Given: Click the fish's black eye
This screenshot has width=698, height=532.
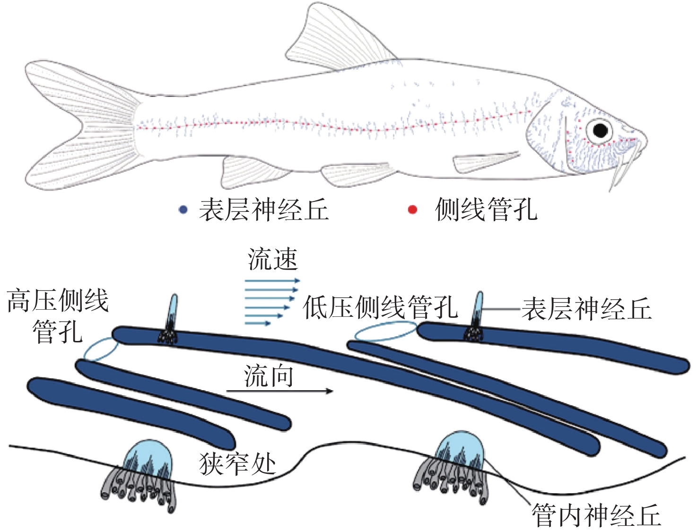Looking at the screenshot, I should pyautogui.click(x=600, y=130).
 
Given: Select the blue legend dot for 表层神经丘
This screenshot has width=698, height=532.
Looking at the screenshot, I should pyautogui.click(x=183, y=210).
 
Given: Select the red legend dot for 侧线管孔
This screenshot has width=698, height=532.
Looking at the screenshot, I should pyautogui.click(x=412, y=209).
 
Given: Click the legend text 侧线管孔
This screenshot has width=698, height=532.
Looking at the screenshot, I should pyautogui.click(x=486, y=209).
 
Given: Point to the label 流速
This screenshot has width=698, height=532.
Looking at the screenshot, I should pyautogui.click(x=272, y=260).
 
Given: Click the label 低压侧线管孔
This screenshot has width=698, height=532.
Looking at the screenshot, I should pyautogui.click(x=381, y=308).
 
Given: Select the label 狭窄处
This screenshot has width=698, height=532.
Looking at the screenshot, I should pyautogui.click(x=237, y=463).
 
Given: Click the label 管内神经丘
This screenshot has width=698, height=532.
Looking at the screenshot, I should pyautogui.click(x=596, y=515).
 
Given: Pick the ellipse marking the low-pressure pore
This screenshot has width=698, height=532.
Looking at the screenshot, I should pyautogui.click(x=385, y=331).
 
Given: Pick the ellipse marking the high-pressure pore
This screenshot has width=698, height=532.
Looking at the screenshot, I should pyautogui.click(x=101, y=349).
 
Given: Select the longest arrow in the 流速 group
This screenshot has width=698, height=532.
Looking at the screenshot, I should pyautogui.click(x=272, y=281).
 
